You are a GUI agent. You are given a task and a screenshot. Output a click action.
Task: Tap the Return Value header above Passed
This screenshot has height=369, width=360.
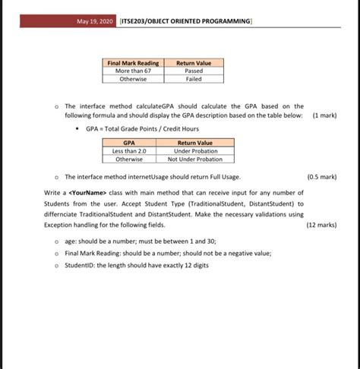(x=194, y=63)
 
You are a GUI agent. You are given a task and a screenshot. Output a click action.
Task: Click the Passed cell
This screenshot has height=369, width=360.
(x=194, y=71)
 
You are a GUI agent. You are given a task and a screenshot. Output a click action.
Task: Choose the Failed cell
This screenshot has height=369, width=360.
(x=194, y=78)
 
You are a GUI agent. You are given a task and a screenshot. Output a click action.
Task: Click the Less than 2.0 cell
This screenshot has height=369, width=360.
(x=129, y=151)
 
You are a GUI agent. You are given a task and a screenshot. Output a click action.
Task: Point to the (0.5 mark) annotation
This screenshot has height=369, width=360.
(x=322, y=176)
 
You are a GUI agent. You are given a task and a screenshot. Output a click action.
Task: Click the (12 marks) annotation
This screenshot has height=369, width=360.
(x=321, y=225)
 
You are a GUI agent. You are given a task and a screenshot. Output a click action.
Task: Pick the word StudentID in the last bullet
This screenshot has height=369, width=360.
(x=81, y=265)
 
